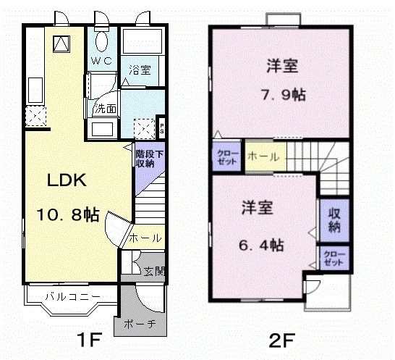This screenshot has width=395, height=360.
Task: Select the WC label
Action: click(101, 61)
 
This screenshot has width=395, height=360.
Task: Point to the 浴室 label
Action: click(140, 70)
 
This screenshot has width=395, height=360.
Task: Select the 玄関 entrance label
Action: click(153, 272)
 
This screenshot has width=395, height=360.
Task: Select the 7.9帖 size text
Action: click(283, 93)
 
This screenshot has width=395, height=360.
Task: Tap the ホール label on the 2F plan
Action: click(260, 156)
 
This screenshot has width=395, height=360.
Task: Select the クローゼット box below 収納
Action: click(334, 259)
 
